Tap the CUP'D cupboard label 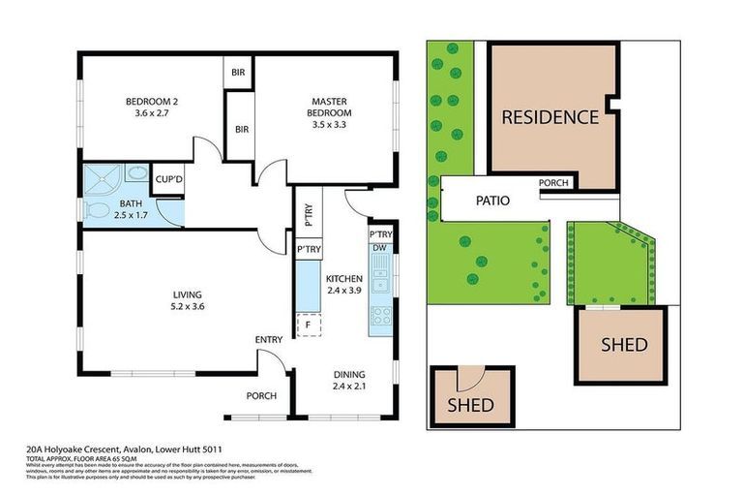click(x=170, y=179)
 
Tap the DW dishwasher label click(x=379, y=249)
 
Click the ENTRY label click(x=268, y=340)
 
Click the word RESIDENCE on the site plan click(x=550, y=117)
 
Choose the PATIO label click(x=493, y=201)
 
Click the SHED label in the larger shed click(x=624, y=345)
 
